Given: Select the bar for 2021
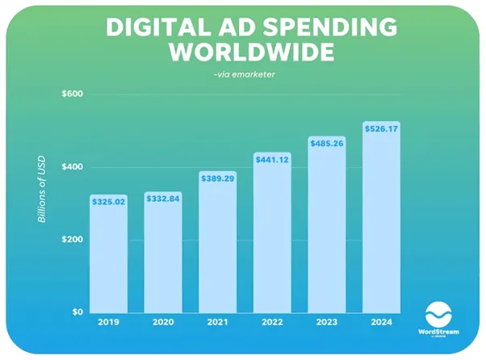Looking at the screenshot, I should tap(217, 246).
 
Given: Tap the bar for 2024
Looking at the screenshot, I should tap(381, 222).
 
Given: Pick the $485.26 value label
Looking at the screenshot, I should tap(327, 144).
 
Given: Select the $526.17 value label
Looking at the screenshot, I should tap(381, 128).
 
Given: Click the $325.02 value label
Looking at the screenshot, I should tap(107, 202).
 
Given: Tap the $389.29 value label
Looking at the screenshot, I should tap(217, 178).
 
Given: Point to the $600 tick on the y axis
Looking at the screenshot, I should tap(73, 94).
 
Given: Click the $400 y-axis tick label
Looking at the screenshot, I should tap(73, 167).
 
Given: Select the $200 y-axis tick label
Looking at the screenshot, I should tap(73, 240).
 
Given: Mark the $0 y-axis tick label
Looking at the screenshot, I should tap(78, 312).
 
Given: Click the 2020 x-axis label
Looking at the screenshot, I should tap(162, 323).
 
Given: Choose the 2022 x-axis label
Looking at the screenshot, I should tap(272, 323).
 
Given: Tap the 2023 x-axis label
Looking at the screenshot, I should tap(327, 323).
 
